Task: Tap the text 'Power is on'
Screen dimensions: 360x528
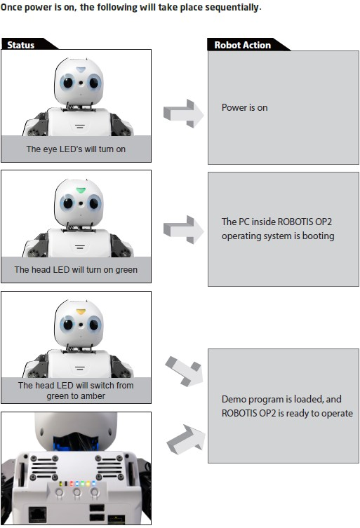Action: [244, 108]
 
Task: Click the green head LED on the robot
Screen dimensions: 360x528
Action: [81, 191]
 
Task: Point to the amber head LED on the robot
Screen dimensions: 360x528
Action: [81, 311]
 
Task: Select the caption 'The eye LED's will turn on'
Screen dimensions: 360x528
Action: [76, 149]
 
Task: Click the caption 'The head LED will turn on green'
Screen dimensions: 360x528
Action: [76, 270]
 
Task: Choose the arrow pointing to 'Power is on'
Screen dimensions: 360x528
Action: [183, 114]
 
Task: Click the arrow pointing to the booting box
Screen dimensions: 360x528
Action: [183, 230]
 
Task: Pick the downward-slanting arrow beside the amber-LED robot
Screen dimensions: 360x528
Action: [185, 371]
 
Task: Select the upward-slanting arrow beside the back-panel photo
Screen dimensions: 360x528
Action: [186, 440]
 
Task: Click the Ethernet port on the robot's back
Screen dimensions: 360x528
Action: [37, 515]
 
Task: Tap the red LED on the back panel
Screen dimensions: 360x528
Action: [71, 484]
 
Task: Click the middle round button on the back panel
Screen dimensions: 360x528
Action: [77, 492]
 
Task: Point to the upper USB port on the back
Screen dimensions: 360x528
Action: [97, 508]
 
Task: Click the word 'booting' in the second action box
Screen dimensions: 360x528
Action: [318, 236]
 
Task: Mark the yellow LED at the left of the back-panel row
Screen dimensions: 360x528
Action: [61, 484]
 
